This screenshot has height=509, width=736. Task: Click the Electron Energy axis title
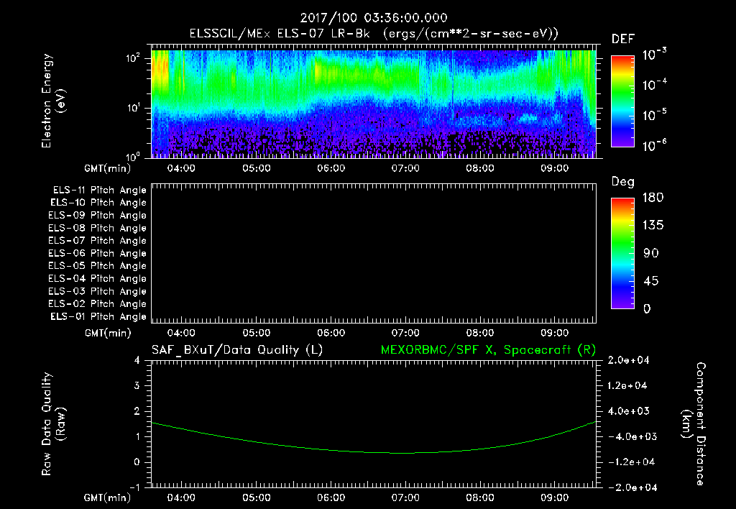(x=53, y=101)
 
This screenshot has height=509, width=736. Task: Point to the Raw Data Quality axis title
(x=53, y=424)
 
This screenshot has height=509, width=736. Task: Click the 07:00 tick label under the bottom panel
(x=405, y=497)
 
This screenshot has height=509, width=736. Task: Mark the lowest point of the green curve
(x=405, y=453)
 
